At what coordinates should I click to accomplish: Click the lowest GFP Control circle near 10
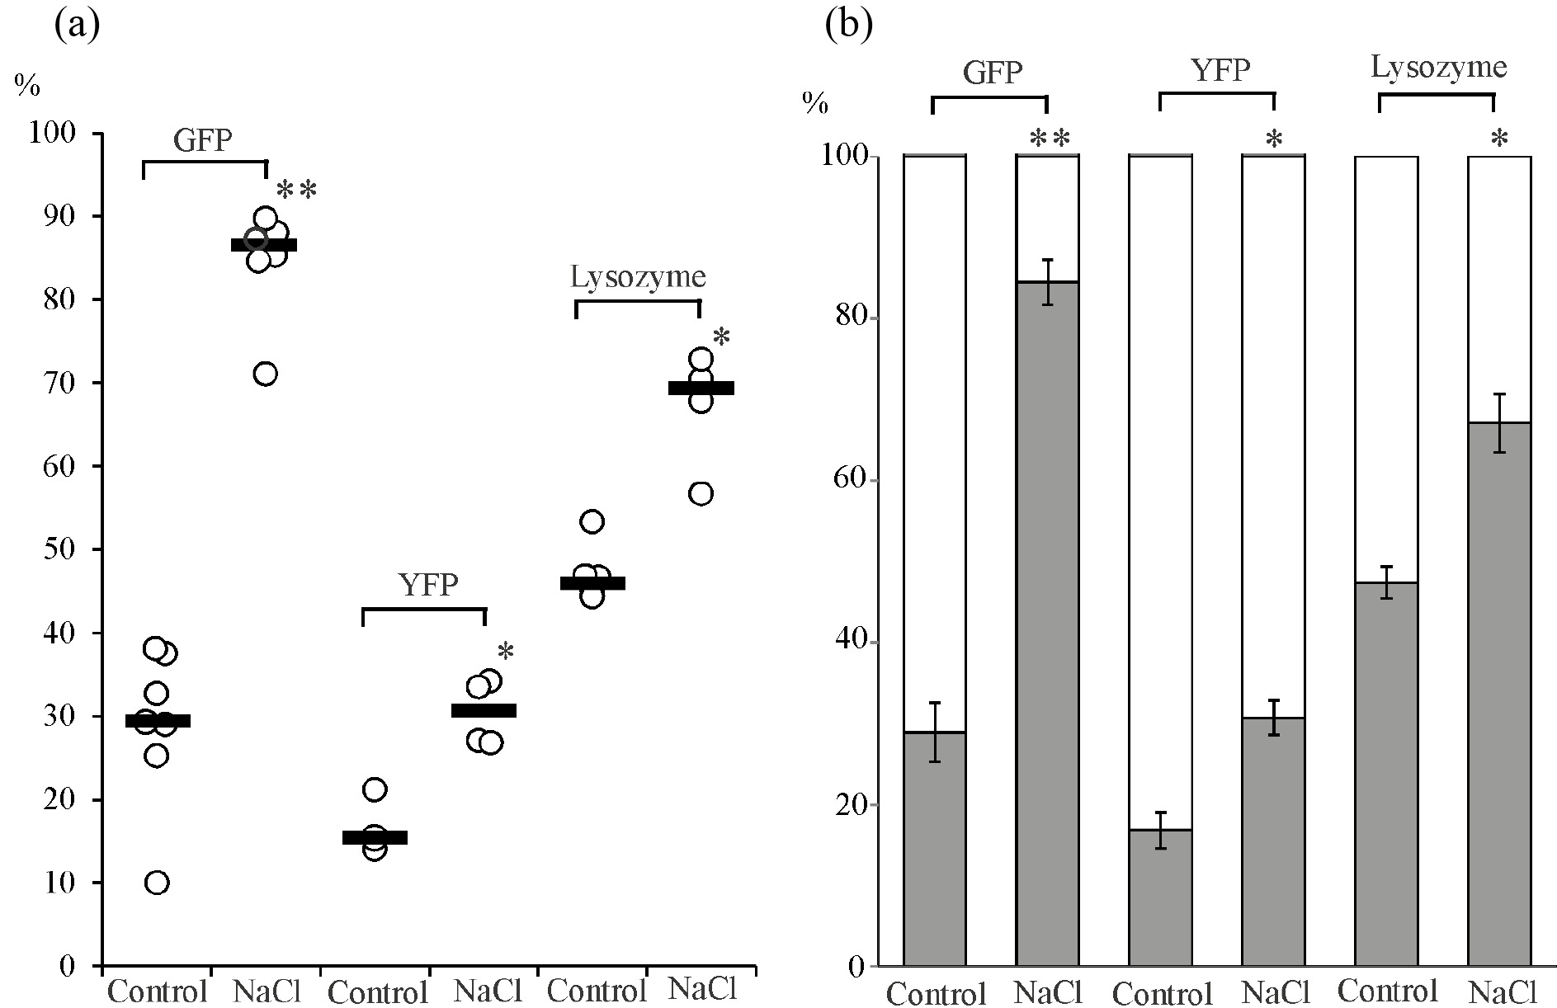coord(157,883)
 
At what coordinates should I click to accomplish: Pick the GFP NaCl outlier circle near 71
coord(265,374)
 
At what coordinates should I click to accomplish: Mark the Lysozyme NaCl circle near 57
coord(701,494)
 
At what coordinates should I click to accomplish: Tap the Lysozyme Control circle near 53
coord(592,521)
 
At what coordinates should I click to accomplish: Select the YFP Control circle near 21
coord(375,789)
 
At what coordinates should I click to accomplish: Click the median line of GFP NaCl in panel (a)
coord(264,245)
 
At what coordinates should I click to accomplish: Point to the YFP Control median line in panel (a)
coord(375,838)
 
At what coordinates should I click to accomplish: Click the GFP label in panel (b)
coord(993,73)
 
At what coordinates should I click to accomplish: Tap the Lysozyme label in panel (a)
coord(638,277)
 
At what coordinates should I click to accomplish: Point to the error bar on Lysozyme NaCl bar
coord(1500,422)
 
